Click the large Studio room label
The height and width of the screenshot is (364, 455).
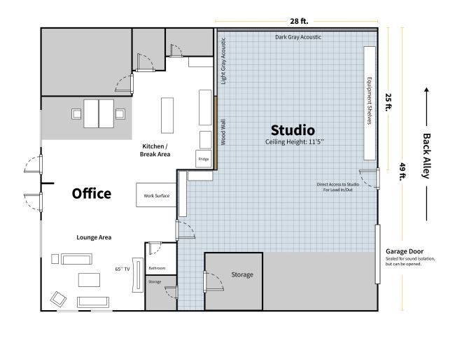click(x=293, y=130)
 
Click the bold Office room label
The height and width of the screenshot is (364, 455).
click(x=92, y=193)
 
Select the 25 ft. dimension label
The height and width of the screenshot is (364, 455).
click(x=388, y=104)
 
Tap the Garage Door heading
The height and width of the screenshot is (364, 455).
click(x=404, y=251)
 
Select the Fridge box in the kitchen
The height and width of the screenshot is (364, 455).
click(x=204, y=159)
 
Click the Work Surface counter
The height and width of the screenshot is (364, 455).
click(x=156, y=195)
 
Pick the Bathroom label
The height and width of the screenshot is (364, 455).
click(x=157, y=268)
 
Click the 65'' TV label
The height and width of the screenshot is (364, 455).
click(x=122, y=269)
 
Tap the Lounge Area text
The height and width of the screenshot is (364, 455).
click(x=94, y=238)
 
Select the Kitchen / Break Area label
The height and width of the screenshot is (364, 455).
click(x=157, y=150)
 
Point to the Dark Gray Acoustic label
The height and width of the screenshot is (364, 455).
click(x=297, y=36)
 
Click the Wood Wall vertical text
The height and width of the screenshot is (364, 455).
click(x=223, y=133)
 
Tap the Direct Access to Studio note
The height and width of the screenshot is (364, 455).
click(x=338, y=187)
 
